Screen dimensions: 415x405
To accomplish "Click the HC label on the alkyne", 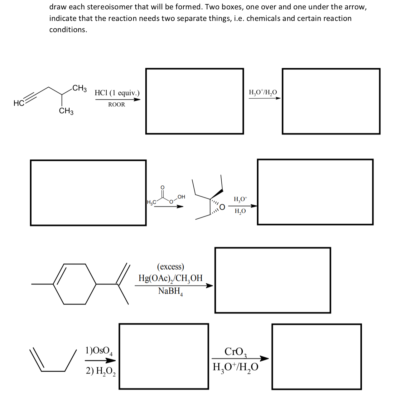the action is click(x=18, y=104).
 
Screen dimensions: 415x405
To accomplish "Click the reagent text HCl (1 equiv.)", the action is click(x=117, y=93).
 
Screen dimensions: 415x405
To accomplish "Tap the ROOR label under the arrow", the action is click(x=117, y=105).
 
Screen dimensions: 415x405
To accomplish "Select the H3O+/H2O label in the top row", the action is click(x=263, y=92).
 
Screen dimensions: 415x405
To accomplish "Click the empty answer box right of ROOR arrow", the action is click(x=194, y=101).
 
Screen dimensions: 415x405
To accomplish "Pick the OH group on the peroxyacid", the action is click(x=181, y=197).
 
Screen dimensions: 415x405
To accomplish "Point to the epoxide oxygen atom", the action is click(x=222, y=207).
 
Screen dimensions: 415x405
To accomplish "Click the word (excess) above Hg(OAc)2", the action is click(x=171, y=267).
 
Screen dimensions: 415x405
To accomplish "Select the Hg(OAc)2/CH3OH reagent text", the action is click(x=171, y=278).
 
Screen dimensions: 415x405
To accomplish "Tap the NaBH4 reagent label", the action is click(x=170, y=291).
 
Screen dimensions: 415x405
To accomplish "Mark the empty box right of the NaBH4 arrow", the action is click(x=273, y=280).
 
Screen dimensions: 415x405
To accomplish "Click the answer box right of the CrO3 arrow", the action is click(x=316, y=357).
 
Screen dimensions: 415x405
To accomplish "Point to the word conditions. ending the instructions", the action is click(x=68, y=30).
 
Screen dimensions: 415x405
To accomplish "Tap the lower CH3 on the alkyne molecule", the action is click(x=66, y=111).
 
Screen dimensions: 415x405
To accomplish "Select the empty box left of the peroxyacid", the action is click(x=88, y=193).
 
